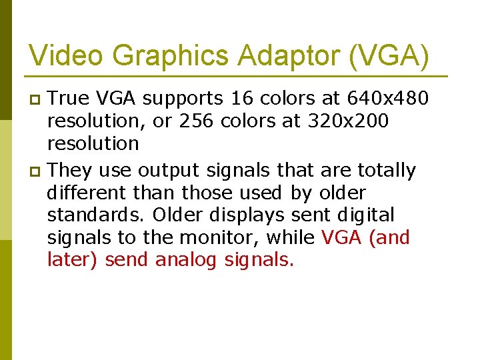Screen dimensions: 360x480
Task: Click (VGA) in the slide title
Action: point(389,55)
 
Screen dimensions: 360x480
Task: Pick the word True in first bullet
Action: point(70,99)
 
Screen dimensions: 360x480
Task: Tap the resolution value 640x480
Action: point(388,99)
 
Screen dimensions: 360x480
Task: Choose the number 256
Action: point(198,121)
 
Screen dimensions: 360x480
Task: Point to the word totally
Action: point(386,171)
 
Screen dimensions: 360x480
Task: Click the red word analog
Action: point(186,260)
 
